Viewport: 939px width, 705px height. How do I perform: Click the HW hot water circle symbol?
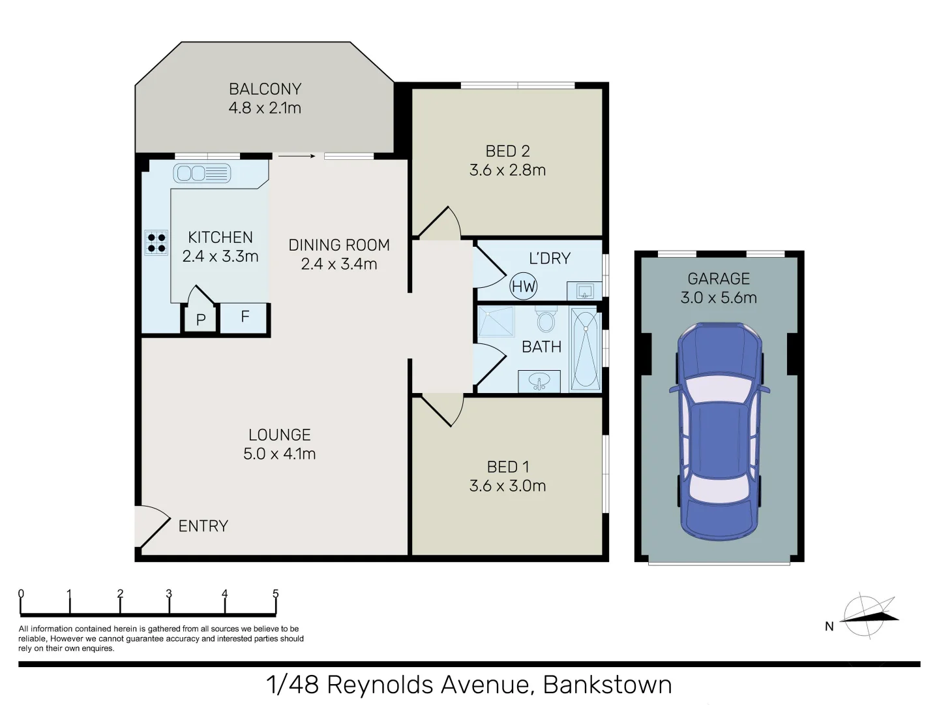pos(523,287)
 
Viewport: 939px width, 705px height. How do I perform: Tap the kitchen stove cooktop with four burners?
pos(156,242)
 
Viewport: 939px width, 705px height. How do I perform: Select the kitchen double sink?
pos(202,173)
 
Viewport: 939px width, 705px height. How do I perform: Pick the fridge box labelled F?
pos(245,317)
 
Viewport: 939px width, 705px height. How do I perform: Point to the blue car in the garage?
pos(719,431)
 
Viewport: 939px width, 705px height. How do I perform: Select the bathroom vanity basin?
pos(539,381)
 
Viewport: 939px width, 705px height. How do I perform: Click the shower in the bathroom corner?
pos(496,322)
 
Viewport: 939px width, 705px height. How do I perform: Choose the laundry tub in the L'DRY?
pos(584,290)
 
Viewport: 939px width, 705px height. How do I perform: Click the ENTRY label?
pos(203,526)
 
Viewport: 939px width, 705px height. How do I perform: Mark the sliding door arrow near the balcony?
pos(297,156)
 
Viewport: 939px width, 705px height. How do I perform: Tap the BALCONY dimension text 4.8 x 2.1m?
pos(265,108)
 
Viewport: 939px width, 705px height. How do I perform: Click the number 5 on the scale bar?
pos(275,594)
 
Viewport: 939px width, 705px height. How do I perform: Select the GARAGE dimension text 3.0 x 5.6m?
pos(719,298)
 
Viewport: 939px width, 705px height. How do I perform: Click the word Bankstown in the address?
pos(607,685)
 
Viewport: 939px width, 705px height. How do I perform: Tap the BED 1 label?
pos(507,467)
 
